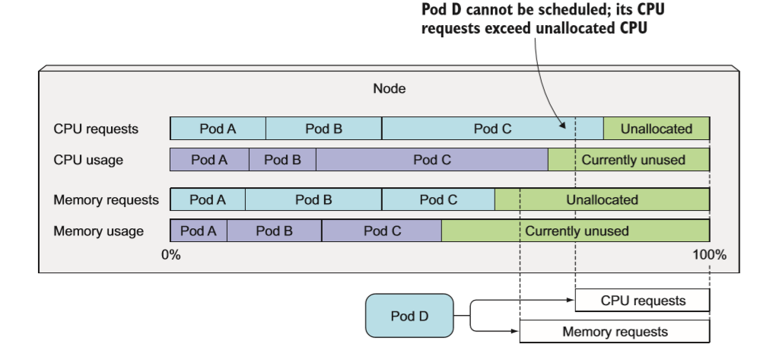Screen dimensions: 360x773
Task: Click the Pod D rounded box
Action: coord(409,315)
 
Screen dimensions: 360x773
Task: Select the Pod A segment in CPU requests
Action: coord(218,129)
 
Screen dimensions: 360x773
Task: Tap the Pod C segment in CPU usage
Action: coord(431,160)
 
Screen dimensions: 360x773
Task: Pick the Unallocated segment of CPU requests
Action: coord(656,129)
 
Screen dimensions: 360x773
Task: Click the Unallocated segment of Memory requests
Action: coord(602,200)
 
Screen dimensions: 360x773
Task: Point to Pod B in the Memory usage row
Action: coord(274,231)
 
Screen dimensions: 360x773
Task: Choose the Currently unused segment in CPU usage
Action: coord(628,160)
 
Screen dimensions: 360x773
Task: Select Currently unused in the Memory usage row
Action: coord(576,231)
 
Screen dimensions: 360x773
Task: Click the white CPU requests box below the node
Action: coord(642,301)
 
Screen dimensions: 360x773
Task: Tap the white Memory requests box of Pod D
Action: coord(615,332)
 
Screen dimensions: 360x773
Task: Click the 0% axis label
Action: coord(171,255)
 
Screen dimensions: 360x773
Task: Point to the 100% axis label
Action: coord(708,255)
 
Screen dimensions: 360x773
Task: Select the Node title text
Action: coord(389,88)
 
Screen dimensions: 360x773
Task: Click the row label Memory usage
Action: coord(98,231)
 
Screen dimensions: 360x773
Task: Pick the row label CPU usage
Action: coord(88,160)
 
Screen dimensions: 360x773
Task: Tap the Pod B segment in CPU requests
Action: coord(323,129)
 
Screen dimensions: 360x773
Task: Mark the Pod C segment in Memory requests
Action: coord(438,200)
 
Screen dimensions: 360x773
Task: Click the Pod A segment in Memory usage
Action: coord(198,231)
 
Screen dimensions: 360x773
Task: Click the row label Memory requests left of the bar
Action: coord(106,200)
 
